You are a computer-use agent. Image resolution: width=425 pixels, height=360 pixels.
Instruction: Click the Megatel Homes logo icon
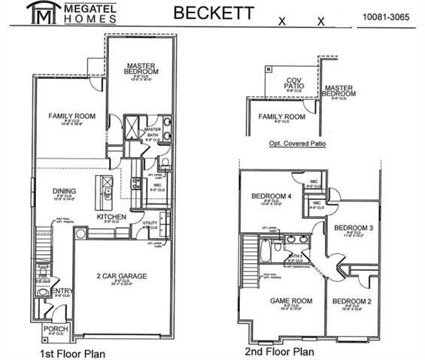tap(37, 14)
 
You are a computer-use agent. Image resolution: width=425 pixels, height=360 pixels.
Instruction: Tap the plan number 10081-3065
tap(385, 16)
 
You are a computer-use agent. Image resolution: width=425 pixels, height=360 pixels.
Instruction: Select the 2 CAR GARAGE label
tap(122, 276)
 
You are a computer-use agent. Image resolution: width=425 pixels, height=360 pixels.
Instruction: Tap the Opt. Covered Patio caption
tap(297, 141)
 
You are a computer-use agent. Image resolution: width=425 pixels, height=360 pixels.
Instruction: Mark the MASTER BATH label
tap(153, 132)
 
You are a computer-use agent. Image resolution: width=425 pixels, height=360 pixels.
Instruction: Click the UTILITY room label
tap(149, 223)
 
